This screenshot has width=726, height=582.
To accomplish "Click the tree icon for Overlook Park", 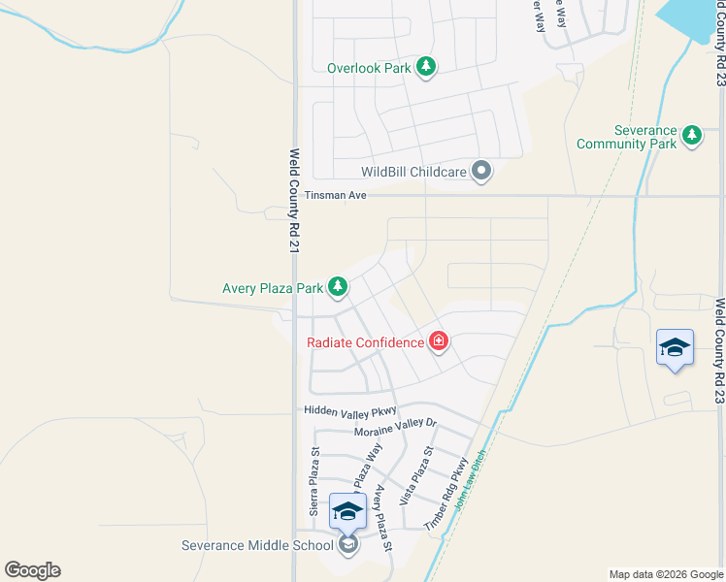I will tap(425, 67).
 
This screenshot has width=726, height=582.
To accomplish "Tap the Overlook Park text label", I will tap(369, 69).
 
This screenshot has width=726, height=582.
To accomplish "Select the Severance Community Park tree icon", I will tap(692, 135).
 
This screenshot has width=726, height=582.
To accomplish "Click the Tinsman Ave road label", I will tap(335, 195).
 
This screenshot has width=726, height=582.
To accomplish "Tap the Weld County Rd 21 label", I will tap(294, 202).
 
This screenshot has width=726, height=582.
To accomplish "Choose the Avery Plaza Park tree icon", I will tap(338, 287).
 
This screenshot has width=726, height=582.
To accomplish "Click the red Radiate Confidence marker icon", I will tap(439, 341).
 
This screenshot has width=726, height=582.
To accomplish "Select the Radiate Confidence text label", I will tap(365, 342).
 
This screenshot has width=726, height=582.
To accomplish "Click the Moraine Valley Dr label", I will tap(396, 427).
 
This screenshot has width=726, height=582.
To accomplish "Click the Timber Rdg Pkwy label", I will tap(446, 494).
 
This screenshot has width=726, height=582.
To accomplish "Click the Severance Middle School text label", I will tap(257, 545).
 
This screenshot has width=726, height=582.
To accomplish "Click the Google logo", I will tap(32, 570).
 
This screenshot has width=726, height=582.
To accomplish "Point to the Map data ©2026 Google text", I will tap(665, 574).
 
